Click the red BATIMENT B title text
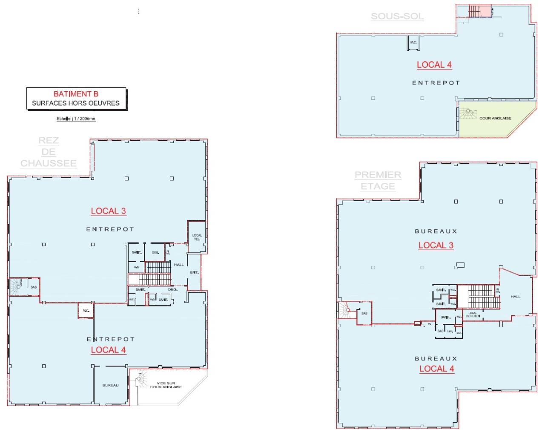(76, 94)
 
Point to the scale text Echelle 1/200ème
(76, 119)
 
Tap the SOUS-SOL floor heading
(397, 17)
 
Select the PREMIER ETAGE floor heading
(378, 181)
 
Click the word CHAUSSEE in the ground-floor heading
(49, 163)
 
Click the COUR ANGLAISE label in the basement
(495, 118)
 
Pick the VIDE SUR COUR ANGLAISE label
(166, 385)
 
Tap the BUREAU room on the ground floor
(110, 385)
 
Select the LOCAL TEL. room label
(197, 237)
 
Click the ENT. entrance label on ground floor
(194, 272)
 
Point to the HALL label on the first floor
(515, 296)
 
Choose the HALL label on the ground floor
(179, 265)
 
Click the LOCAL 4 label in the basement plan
(434, 65)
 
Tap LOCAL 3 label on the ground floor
(108, 211)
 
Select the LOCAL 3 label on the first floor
(436, 245)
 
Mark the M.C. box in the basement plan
(413, 43)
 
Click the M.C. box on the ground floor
(86, 310)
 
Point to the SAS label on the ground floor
(34, 287)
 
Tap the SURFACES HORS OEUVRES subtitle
(76, 103)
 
